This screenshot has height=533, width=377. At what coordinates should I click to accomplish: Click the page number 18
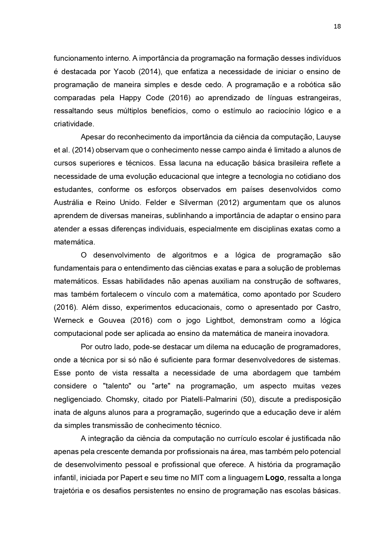[x=337, y=26]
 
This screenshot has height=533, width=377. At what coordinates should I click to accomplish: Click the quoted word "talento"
[x=117, y=386]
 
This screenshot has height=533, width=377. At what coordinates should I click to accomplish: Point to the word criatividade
[x=74, y=124]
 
